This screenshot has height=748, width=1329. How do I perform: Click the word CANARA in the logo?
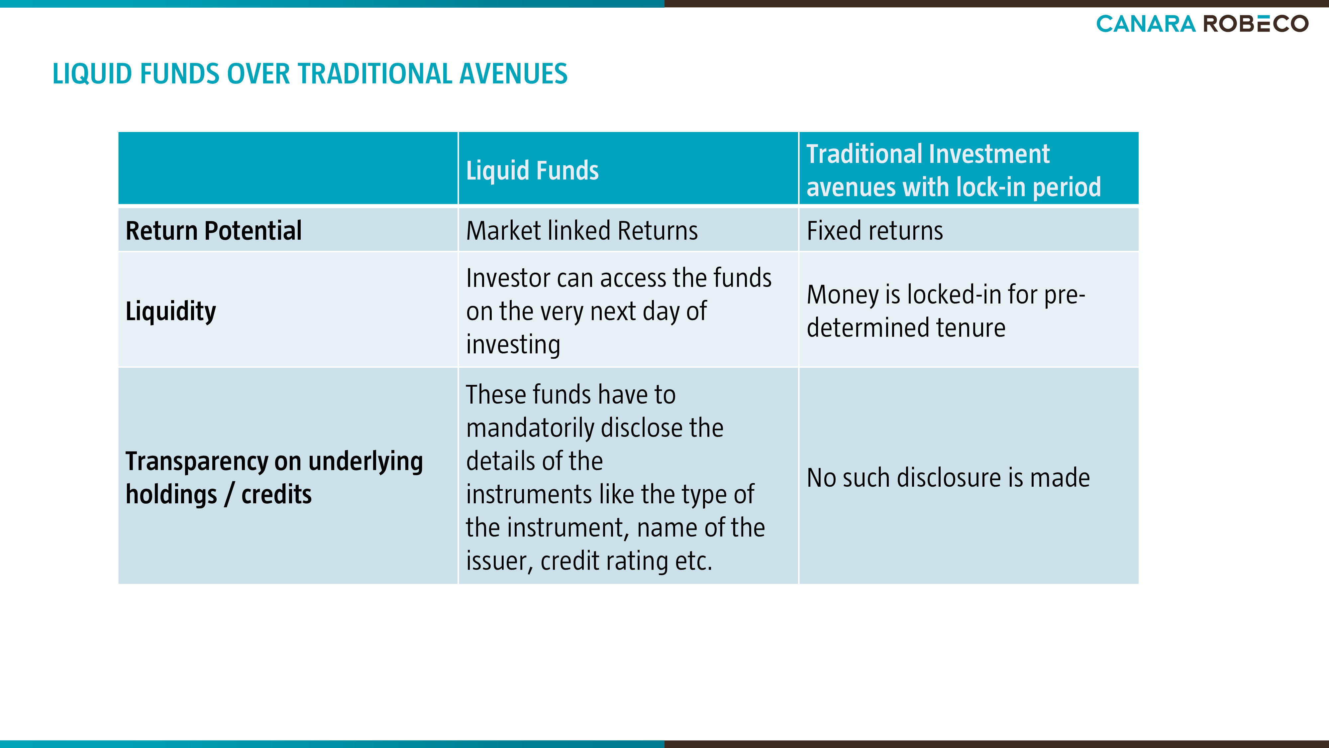coord(1145,24)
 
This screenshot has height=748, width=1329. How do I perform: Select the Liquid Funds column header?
coord(532,170)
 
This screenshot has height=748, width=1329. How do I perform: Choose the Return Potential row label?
coord(214,230)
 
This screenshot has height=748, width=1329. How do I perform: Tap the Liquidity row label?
coord(171,311)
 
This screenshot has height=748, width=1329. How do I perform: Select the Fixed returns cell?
coord(874,230)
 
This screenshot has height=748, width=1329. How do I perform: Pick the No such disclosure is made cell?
coord(948,477)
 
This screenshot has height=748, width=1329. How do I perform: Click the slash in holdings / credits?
coord(229,495)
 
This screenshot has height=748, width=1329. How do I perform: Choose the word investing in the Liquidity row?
coord(513,345)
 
